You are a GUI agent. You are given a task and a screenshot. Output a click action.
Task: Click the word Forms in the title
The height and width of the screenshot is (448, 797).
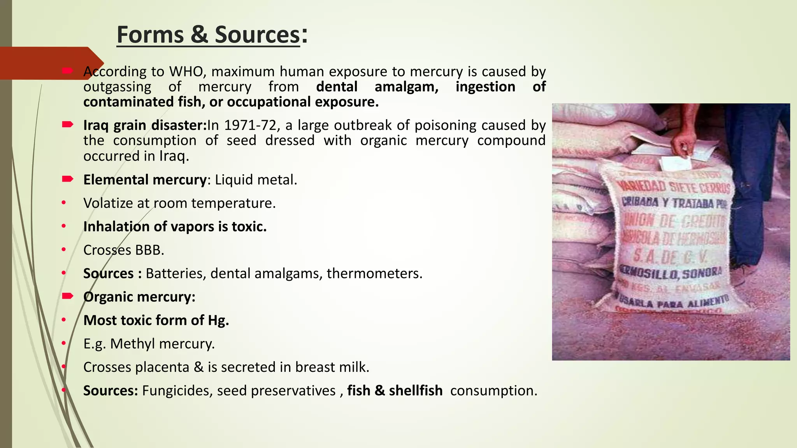tap(150, 35)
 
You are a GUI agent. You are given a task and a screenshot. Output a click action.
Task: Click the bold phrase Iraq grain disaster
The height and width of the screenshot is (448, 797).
tap(144, 125)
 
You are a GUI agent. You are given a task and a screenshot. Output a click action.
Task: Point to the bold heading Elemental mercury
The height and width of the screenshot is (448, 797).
tap(145, 180)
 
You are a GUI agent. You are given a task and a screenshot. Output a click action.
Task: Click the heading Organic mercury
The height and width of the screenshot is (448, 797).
tap(139, 297)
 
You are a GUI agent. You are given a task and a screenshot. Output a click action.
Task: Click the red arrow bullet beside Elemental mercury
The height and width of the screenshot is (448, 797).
tap(67, 179)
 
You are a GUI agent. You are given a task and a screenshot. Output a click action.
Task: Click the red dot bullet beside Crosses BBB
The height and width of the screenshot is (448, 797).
tap(63, 250)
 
